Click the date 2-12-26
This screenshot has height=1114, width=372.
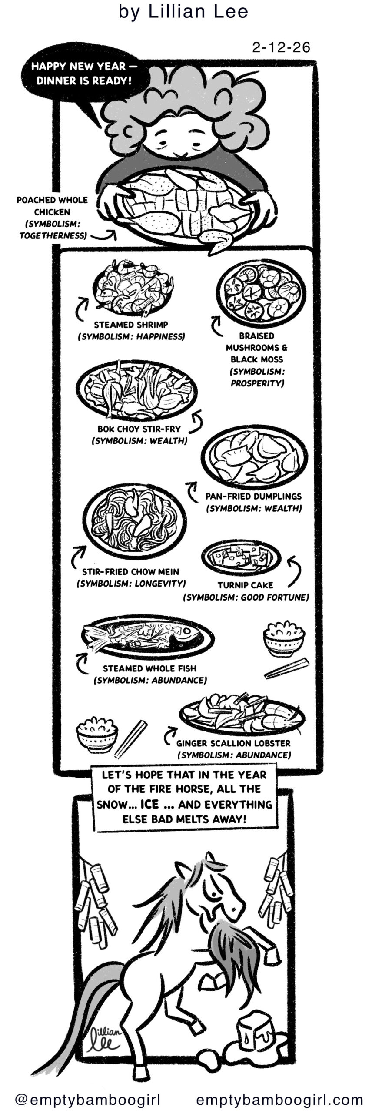click(x=281, y=47)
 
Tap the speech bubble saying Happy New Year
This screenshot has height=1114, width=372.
click(x=81, y=74)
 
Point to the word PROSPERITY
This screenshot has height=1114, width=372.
click(x=257, y=383)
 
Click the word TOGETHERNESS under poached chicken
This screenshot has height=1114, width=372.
click(x=52, y=236)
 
